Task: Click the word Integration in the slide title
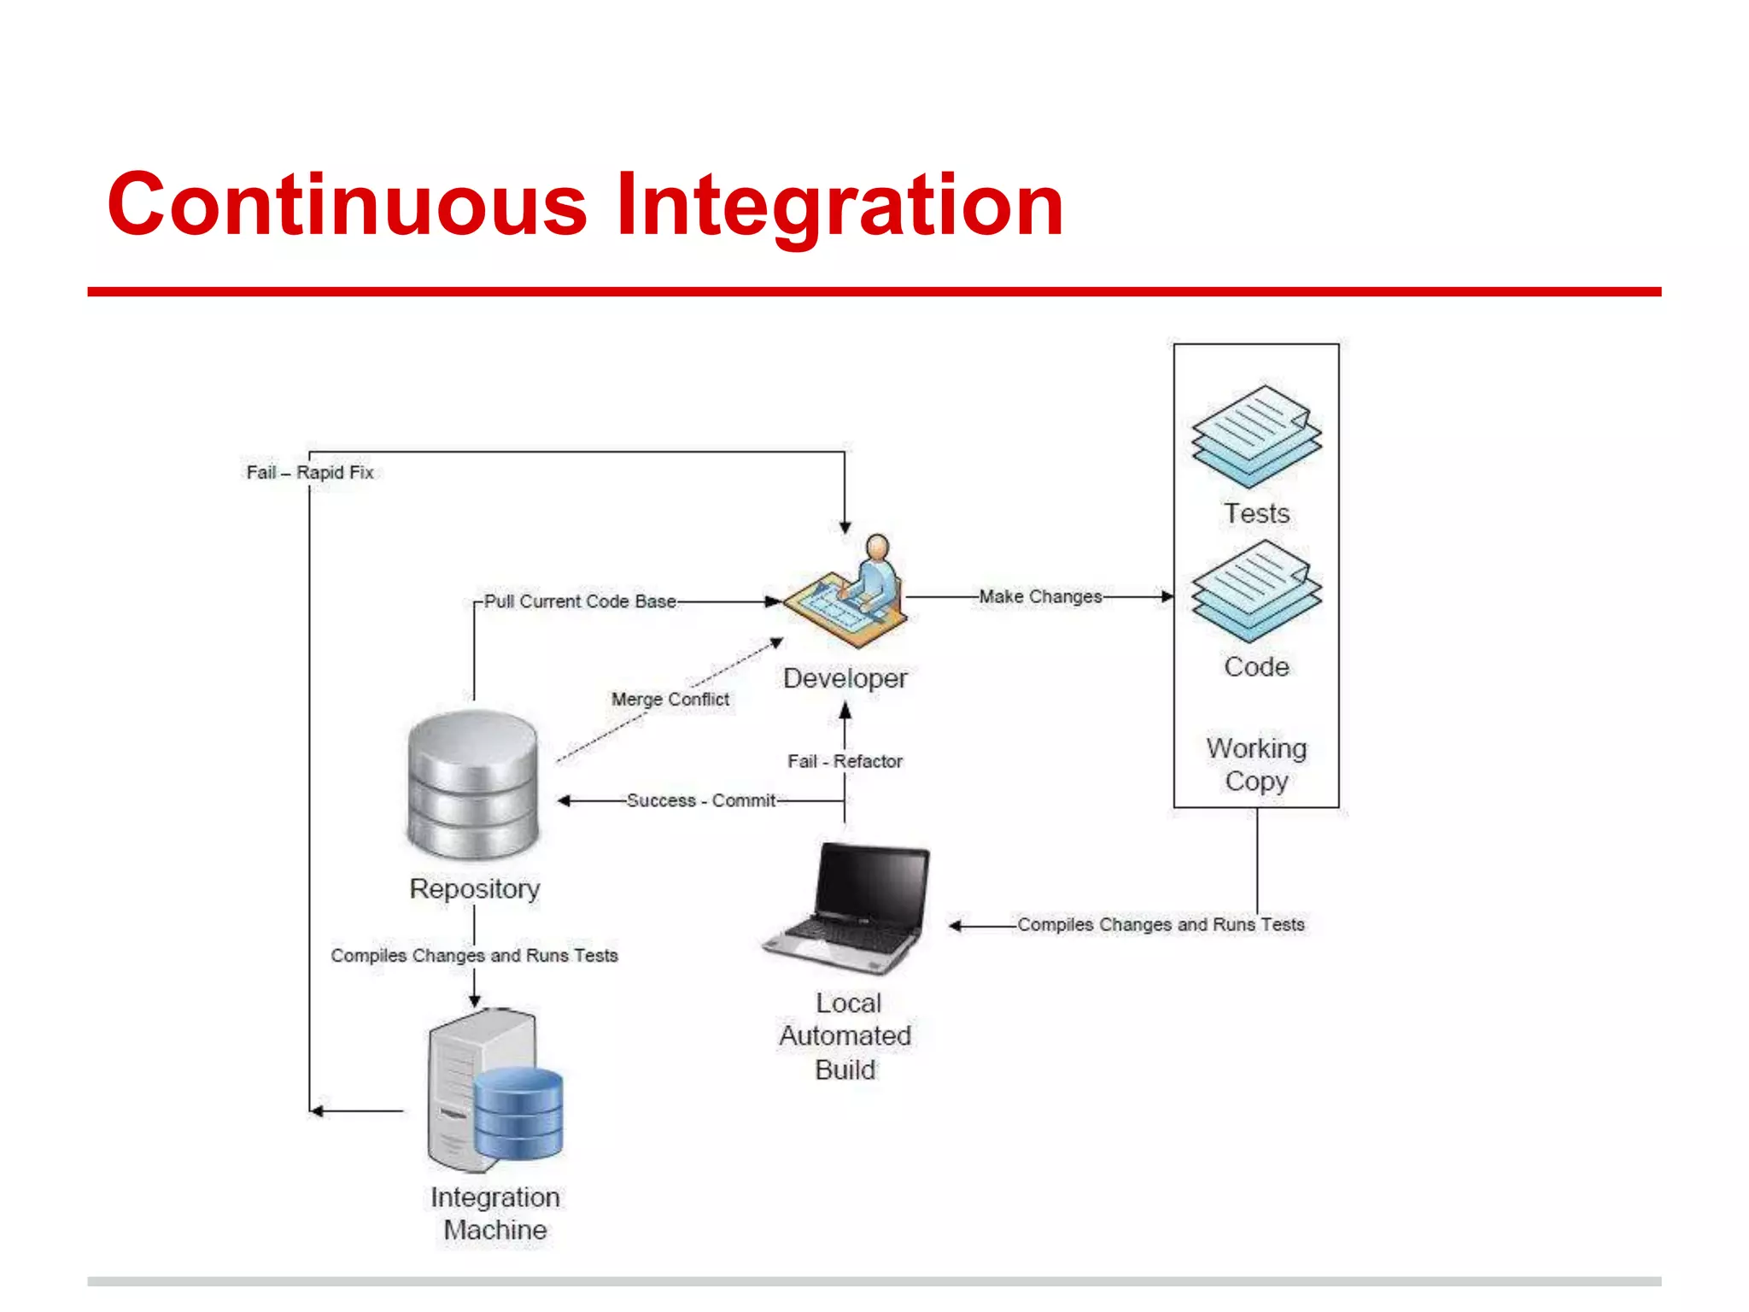pos(839,205)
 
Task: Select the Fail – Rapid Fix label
pos(309,472)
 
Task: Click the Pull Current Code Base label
pos(580,601)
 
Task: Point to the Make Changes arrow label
pos(1039,596)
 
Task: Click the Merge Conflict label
pos(670,699)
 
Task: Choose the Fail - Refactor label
pos(844,761)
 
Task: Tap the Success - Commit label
pos(700,800)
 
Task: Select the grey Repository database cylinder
pos(473,784)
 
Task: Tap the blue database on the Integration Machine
pos(518,1113)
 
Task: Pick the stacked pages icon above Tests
pos(1256,436)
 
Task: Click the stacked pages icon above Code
pos(1256,590)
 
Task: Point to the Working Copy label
pos(1256,764)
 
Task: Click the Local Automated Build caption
pos(845,1035)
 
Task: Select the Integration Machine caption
pos(495,1213)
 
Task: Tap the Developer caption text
pos(845,678)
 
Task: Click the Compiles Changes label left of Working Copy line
pos(1161,924)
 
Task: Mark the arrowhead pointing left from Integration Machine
pos(317,1110)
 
